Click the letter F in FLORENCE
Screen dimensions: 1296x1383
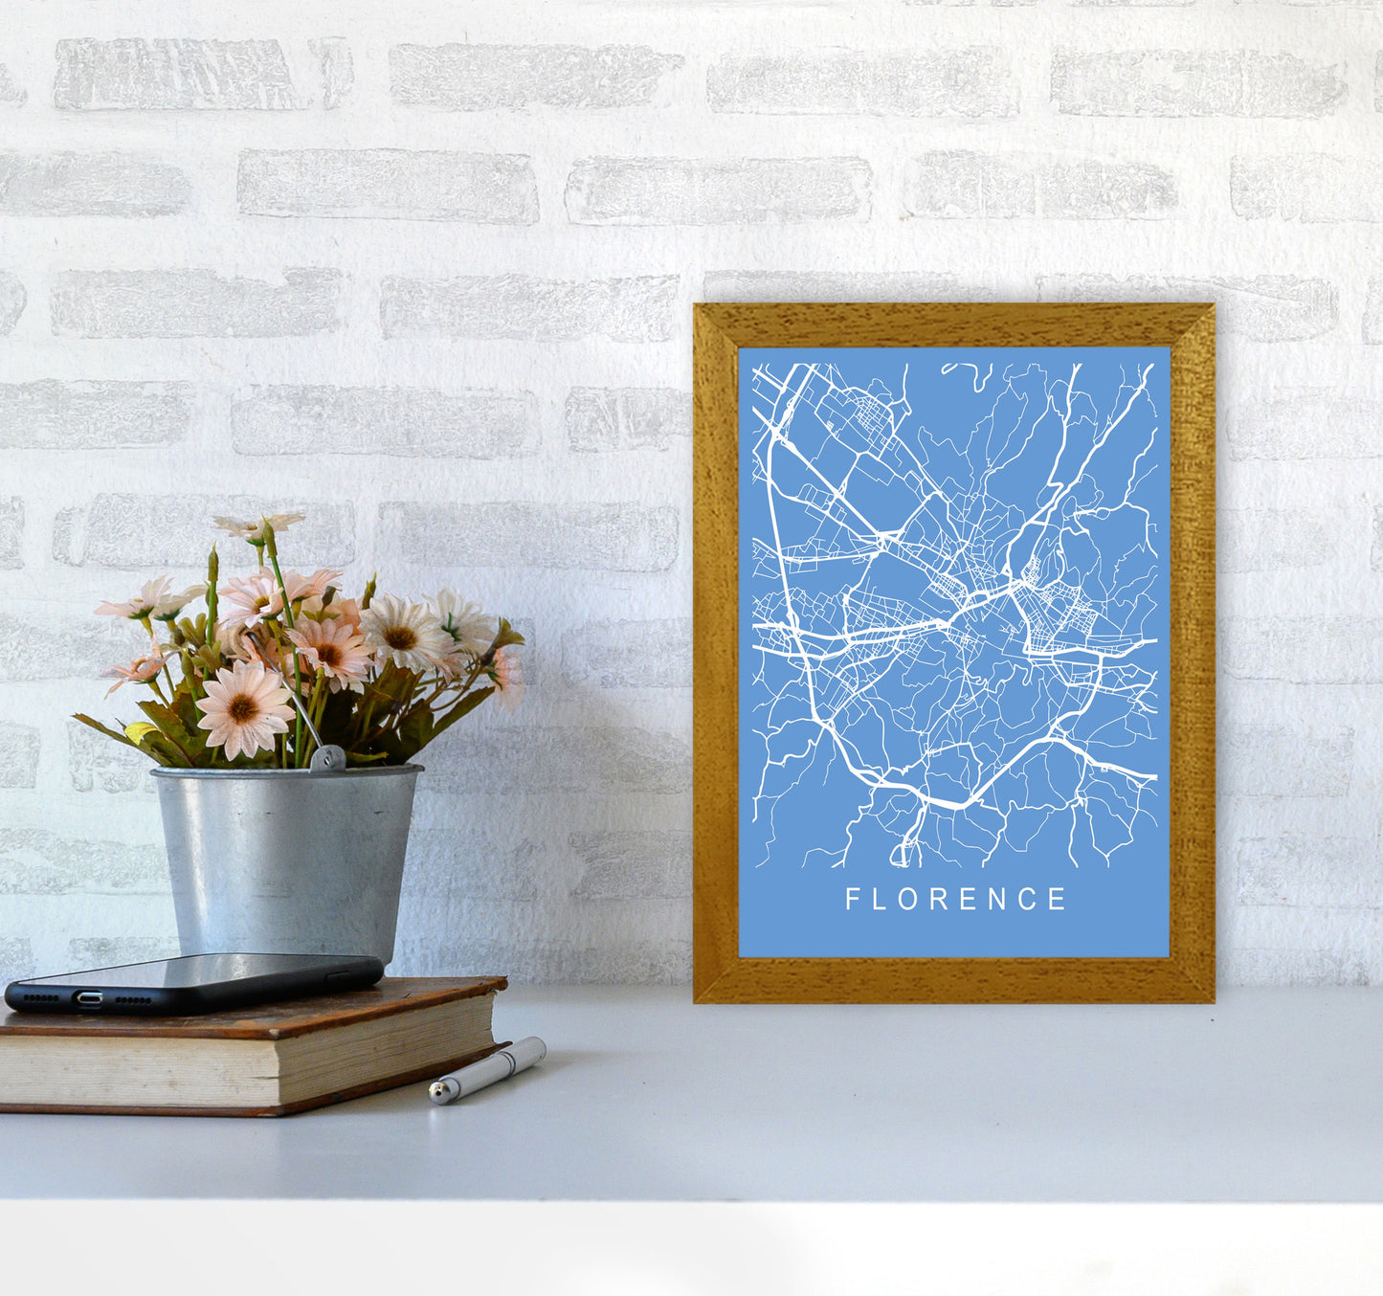pos(852,899)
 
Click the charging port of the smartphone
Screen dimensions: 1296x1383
pos(90,998)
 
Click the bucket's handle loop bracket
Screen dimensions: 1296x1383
pos(327,758)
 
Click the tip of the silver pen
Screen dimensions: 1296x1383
pos(435,1091)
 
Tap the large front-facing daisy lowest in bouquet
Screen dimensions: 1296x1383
pos(244,708)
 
